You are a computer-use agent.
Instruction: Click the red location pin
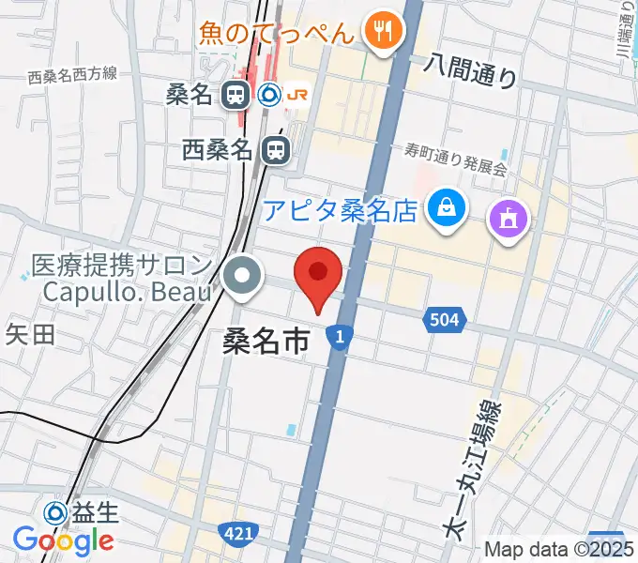pyautogui.click(x=318, y=274)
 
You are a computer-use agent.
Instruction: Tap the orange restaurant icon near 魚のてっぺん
pyautogui.click(x=382, y=33)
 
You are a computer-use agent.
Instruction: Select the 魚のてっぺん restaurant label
pyautogui.click(x=277, y=34)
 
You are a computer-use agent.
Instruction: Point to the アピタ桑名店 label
pyautogui.click(x=339, y=208)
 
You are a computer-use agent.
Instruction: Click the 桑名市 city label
pyautogui.click(x=266, y=340)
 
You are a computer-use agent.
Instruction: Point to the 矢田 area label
pyautogui.click(x=30, y=333)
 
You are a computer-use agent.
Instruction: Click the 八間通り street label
pyautogui.click(x=470, y=69)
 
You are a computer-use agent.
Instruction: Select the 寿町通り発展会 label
pyautogui.click(x=455, y=160)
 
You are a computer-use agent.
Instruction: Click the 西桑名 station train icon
pyautogui.click(x=275, y=148)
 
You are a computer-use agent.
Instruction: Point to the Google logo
pyautogui.click(x=63, y=540)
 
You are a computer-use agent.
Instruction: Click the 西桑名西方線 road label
pyautogui.click(x=72, y=75)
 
